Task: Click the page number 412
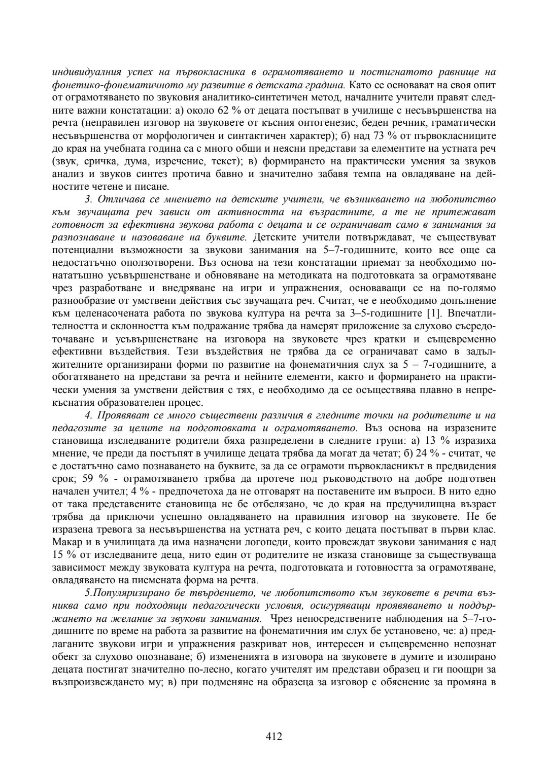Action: click(x=273, y=736)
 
